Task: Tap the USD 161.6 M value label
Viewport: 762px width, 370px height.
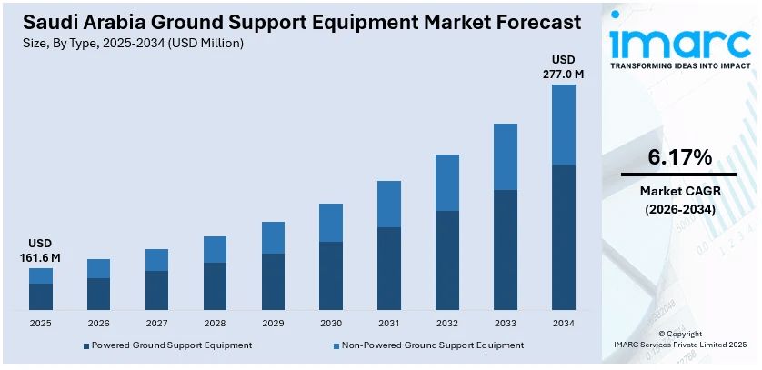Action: pos(40,251)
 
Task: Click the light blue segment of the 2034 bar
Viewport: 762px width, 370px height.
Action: pos(564,125)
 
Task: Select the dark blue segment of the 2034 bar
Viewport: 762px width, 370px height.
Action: pos(564,237)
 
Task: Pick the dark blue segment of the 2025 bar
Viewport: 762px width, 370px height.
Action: pos(41,296)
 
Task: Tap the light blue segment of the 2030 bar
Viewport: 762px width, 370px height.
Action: pos(331,222)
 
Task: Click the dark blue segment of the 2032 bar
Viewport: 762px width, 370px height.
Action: pos(447,260)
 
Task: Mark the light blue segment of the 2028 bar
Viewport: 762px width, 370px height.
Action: pos(215,249)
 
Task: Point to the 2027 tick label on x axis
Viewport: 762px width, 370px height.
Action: pos(156,323)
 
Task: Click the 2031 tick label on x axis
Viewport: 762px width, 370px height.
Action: pos(389,323)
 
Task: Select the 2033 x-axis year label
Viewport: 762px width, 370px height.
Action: pos(506,323)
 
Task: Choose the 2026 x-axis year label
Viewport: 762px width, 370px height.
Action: pos(98,323)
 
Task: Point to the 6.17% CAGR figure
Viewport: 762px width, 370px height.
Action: pos(679,157)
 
